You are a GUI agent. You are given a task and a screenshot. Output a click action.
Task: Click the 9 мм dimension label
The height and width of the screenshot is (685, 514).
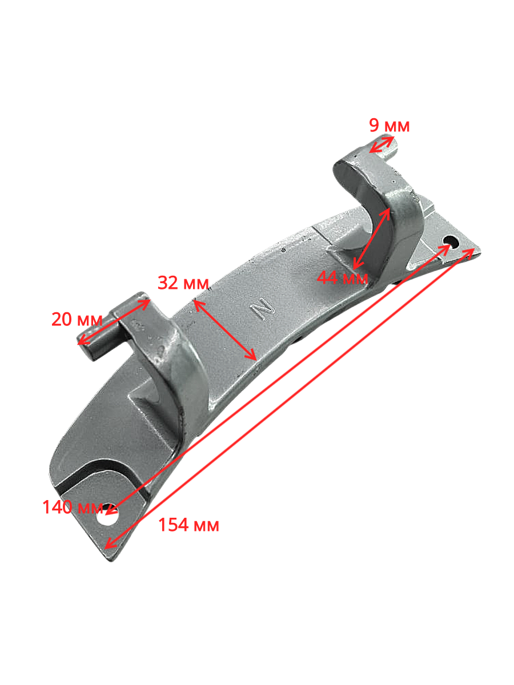(390, 126)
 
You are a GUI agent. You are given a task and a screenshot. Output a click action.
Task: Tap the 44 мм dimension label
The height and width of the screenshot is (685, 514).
(343, 278)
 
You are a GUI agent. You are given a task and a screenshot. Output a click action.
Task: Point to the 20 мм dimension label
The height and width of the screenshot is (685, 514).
(77, 319)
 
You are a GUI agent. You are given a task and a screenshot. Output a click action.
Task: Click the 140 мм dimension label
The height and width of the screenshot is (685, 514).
(72, 507)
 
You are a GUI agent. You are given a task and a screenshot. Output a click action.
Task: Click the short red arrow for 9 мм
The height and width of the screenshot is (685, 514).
(382, 144)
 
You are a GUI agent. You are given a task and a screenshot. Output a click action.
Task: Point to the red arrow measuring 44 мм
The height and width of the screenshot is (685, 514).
(372, 239)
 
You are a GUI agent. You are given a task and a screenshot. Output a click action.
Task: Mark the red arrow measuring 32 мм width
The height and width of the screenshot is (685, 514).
(225, 331)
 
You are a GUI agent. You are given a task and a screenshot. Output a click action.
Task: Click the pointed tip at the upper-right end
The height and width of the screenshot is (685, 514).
(479, 249)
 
